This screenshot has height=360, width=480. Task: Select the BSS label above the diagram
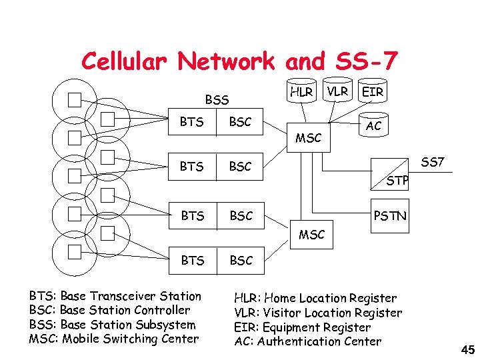click(217, 100)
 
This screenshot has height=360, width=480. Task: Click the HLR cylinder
click(301, 91)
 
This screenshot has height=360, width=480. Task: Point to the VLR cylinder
click(337, 91)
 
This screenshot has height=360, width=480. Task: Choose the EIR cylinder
click(372, 91)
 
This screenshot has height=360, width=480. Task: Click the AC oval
click(373, 125)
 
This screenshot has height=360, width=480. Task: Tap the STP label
click(397, 181)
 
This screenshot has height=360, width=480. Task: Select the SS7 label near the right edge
click(433, 162)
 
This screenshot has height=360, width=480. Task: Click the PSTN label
click(390, 216)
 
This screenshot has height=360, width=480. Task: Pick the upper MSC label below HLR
click(308, 138)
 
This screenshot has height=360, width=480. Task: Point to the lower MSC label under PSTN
click(311, 235)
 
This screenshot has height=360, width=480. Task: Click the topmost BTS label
click(191, 122)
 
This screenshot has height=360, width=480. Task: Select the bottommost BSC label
click(241, 261)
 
